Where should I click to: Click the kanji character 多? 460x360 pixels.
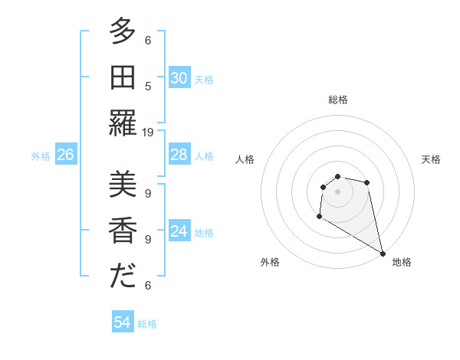tap(123, 32)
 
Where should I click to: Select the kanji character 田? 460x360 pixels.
tap(123, 77)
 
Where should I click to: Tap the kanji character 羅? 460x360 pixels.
tap(123, 123)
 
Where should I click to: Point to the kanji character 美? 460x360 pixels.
tap(123, 186)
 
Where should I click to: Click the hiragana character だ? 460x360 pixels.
tap(123, 277)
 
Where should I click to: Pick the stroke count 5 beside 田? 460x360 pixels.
tap(148, 87)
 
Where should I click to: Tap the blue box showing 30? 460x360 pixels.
tap(179, 78)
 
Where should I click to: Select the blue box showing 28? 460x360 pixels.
tap(179, 155)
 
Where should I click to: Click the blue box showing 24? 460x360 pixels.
tap(179, 231)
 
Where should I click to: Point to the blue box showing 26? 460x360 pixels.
tap(66, 155)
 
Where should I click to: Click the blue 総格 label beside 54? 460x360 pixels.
tap(148, 324)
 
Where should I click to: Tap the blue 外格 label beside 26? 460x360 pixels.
tap(41, 156)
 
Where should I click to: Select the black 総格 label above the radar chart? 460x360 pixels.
tap(337, 100)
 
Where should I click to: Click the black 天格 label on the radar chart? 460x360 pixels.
tap(431, 159)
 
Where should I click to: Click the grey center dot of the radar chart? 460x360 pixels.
tap(337, 191)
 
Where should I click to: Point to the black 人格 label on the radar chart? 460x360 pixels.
tap(245, 159)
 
